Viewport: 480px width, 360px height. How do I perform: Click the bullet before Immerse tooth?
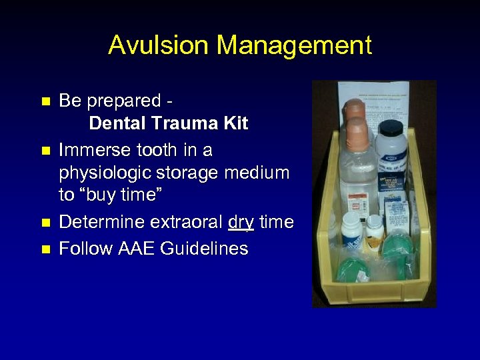tap(45, 150)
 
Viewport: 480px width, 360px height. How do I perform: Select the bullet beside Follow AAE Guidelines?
tap(45, 249)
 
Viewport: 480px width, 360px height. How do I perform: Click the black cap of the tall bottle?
tap(390, 127)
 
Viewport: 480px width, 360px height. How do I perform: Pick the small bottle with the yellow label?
tap(375, 230)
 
